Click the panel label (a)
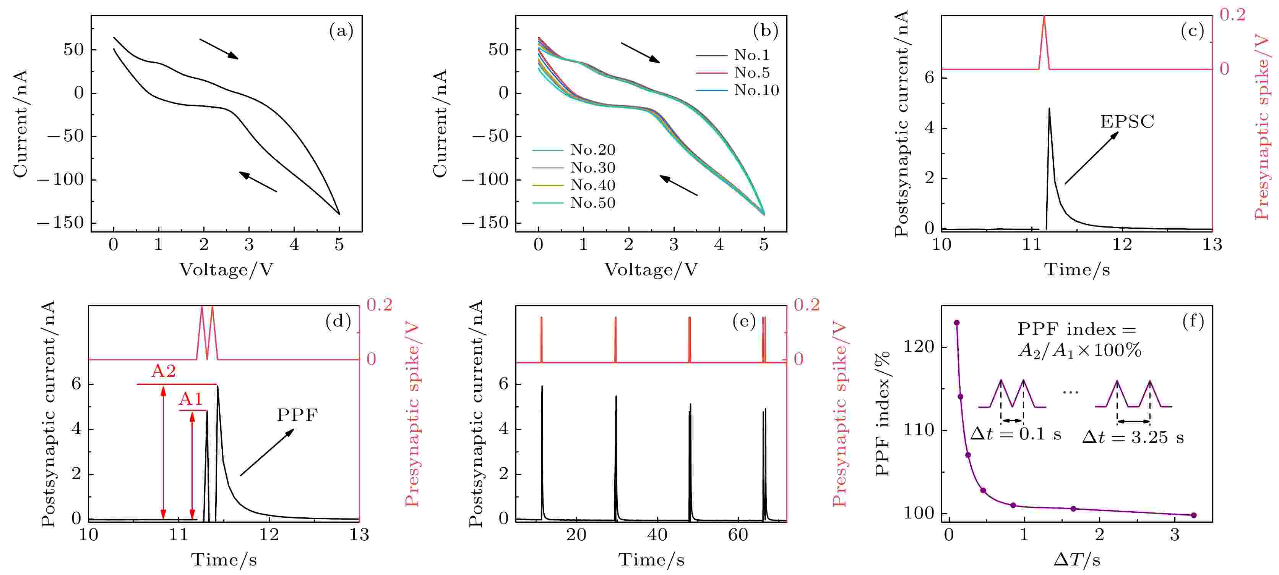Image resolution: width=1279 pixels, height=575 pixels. coord(341,31)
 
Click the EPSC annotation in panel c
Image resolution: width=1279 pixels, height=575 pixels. coord(1127,121)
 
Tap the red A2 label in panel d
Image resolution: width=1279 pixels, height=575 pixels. coord(163,371)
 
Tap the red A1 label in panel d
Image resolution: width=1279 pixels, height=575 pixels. coord(191,399)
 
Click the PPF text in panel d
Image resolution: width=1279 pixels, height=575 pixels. coord(297,415)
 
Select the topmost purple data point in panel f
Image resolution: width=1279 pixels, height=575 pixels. coord(957,323)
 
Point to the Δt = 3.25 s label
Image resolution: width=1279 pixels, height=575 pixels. coord(1133,438)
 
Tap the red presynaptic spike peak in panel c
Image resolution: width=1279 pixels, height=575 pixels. coord(1044,18)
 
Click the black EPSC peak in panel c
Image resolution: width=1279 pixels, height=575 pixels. coord(1049,109)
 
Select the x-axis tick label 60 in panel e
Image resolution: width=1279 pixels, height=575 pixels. coord(738,535)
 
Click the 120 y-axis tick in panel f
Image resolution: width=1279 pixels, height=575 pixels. coord(919,346)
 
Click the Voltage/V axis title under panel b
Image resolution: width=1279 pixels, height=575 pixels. coord(651,270)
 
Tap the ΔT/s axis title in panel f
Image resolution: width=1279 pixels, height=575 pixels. coord(1076,560)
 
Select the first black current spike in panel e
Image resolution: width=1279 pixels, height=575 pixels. coord(542,387)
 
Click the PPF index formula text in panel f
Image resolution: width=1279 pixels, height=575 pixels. coord(1078,340)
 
